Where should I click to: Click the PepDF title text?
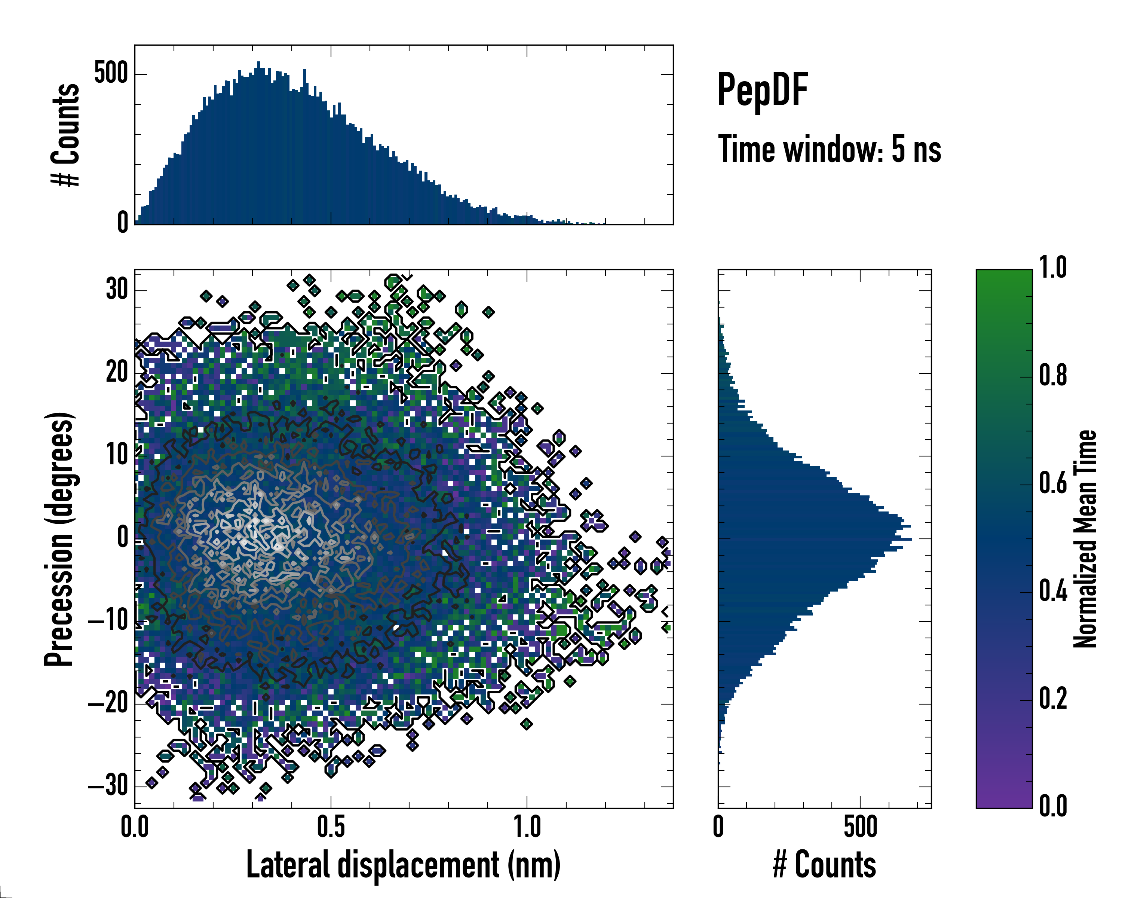pyautogui.click(x=762, y=90)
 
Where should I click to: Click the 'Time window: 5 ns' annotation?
pyautogui.click(x=830, y=149)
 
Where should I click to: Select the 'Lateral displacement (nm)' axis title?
pyautogui.click(x=403, y=865)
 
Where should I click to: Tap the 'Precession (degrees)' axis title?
pyautogui.click(x=59, y=539)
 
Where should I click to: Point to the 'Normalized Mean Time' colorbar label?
pyautogui.click(x=1085, y=539)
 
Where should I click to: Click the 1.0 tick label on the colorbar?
pyautogui.click(x=1053, y=268)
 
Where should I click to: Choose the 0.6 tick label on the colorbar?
pyautogui.click(x=1053, y=483)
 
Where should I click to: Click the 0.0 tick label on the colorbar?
pyautogui.click(x=1053, y=806)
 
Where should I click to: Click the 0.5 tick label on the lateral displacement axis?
pyautogui.click(x=331, y=827)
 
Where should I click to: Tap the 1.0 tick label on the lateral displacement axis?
pyautogui.click(x=527, y=827)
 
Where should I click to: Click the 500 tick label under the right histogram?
pyautogui.click(x=860, y=827)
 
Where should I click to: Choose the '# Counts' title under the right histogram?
pyautogui.click(x=824, y=865)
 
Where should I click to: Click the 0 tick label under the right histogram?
pyautogui.click(x=718, y=827)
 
